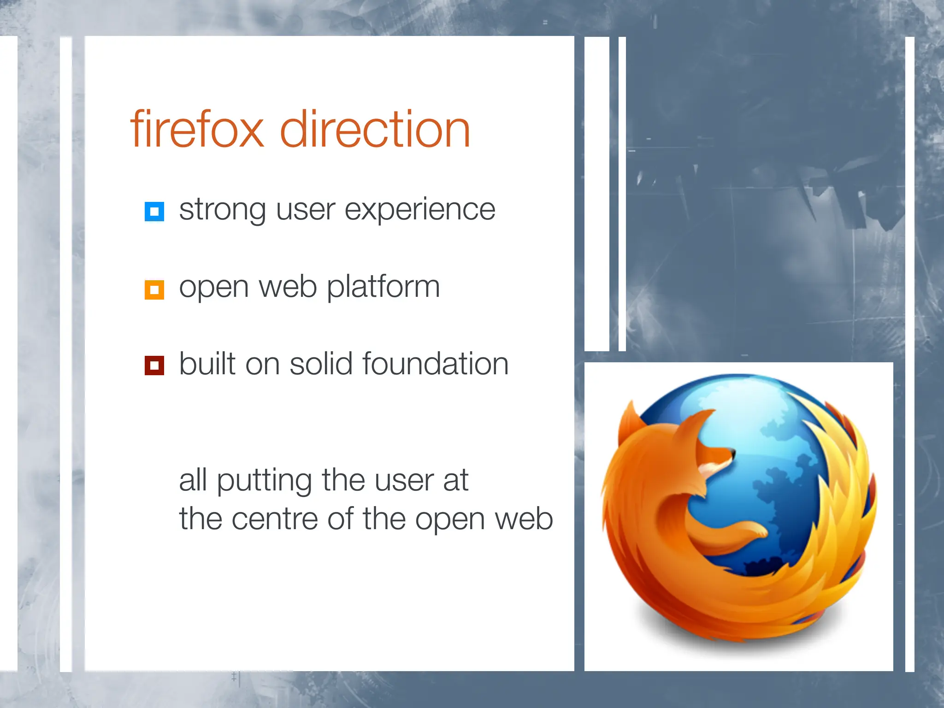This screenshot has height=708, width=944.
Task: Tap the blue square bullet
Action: [154, 212]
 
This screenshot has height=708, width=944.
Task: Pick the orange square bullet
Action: [154, 290]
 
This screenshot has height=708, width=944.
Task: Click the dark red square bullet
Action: [154, 366]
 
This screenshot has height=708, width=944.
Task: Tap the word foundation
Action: [436, 364]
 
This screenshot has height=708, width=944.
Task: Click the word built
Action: [207, 364]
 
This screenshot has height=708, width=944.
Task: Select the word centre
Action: [274, 519]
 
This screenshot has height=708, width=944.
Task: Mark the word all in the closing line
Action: [193, 480]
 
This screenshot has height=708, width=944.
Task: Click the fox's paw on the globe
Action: [756, 532]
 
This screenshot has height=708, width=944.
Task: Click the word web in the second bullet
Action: [288, 287]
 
